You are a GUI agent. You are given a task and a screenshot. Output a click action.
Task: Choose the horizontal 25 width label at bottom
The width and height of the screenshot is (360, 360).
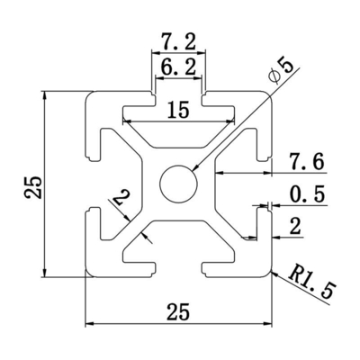click(x=177, y=312)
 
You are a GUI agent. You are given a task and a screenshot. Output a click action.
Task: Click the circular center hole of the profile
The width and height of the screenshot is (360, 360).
click(x=178, y=184)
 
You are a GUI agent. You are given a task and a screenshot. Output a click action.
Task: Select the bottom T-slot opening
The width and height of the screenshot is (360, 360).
click(x=178, y=271)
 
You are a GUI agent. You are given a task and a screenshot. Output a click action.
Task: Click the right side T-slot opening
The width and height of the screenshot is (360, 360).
click(x=266, y=184)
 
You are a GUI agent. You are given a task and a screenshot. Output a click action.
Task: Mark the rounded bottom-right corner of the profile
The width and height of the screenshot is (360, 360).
click(x=266, y=273)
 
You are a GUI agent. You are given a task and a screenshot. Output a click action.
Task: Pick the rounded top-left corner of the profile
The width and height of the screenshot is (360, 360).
click(x=90, y=95)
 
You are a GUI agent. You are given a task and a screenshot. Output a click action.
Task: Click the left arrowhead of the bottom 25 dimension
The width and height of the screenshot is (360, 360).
click(x=89, y=324)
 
